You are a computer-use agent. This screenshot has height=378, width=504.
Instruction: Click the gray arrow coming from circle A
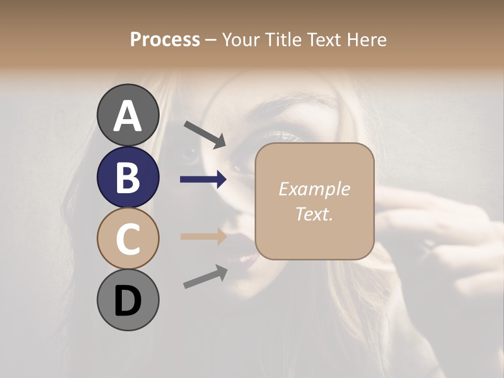tap(205, 133)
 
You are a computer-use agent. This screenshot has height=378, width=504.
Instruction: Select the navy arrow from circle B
tap(203, 180)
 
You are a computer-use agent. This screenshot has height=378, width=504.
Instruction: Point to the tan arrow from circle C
tap(203, 236)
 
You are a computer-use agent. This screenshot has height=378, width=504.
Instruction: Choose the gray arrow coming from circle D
tap(205, 277)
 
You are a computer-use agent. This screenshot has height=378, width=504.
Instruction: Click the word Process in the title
tap(165, 39)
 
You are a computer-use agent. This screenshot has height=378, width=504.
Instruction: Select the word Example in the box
tap(314, 189)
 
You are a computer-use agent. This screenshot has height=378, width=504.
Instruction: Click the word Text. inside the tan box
tap(314, 214)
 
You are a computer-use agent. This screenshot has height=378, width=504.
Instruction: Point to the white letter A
tap(128, 116)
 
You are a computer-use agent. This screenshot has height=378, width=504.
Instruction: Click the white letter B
tap(128, 177)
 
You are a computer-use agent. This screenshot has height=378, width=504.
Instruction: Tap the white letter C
tap(128, 239)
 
